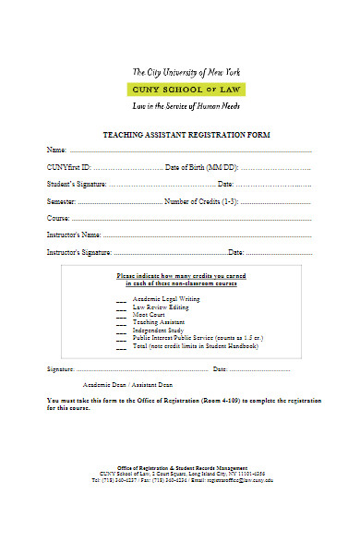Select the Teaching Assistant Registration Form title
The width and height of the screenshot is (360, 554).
[x=179, y=135]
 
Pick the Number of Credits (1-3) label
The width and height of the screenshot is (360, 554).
[x=202, y=201]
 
